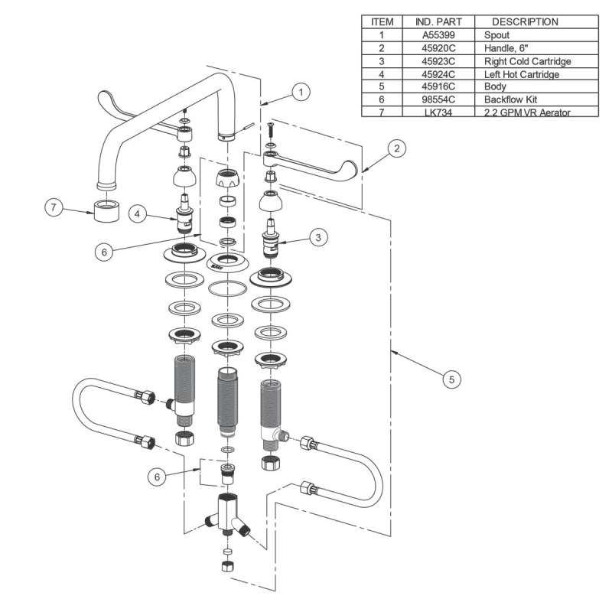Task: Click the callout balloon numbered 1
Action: click(x=301, y=92)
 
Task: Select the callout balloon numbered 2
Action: click(x=396, y=149)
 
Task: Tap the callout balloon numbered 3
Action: click(x=320, y=237)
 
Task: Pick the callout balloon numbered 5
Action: click(x=453, y=379)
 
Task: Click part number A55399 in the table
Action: click(x=436, y=34)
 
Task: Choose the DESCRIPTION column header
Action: click(x=525, y=21)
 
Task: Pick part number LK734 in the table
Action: click(x=436, y=112)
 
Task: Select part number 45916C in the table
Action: click(x=436, y=86)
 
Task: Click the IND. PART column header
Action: click(x=436, y=21)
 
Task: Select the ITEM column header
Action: click(x=380, y=21)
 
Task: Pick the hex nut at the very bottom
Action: click(x=227, y=567)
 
